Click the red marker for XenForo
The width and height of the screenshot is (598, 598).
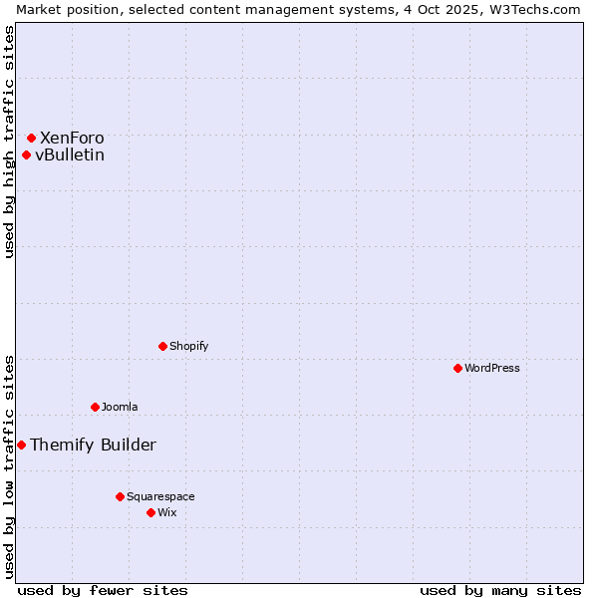coord(31,138)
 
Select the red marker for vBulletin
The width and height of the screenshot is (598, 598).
coord(26,154)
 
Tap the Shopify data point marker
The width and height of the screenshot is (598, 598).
coord(162,346)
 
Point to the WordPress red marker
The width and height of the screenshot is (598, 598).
coord(457,368)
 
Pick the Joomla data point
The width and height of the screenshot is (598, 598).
coord(95,407)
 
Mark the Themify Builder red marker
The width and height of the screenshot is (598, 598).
coord(21,445)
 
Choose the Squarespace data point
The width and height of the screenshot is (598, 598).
coord(120,496)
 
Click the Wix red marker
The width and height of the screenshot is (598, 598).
coord(150,512)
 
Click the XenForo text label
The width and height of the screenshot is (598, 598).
coord(72,138)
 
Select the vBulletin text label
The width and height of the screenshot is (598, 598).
coord(70,154)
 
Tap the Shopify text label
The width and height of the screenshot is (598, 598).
coord(189,346)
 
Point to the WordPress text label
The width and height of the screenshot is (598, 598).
coord(492,368)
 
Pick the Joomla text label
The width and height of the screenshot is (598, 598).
coord(120,407)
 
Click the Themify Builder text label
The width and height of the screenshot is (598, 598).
coord(93,445)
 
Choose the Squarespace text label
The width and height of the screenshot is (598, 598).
coord(160,496)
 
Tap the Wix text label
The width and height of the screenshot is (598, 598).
coord(167,512)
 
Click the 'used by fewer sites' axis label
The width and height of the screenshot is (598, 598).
coord(103,590)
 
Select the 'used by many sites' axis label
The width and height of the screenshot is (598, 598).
coord(500,590)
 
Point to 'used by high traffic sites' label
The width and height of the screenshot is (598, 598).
coord(9,142)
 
